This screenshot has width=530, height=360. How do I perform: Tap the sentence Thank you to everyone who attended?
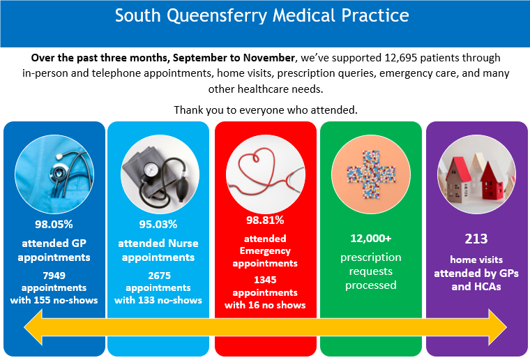[x=265, y=110]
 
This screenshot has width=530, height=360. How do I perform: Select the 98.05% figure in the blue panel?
[x=54, y=224]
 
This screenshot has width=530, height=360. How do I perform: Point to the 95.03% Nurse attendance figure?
[x=158, y=224]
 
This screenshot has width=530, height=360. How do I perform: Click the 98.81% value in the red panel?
[x=265, y=220]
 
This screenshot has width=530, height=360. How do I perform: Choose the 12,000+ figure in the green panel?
[x=370, y=238]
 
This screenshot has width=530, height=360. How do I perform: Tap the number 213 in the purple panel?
[x=476, y=239]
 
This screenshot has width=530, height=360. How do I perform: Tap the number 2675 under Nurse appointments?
[x=158, y=276]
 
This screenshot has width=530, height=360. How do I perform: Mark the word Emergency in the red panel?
[x=265, y=251]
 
